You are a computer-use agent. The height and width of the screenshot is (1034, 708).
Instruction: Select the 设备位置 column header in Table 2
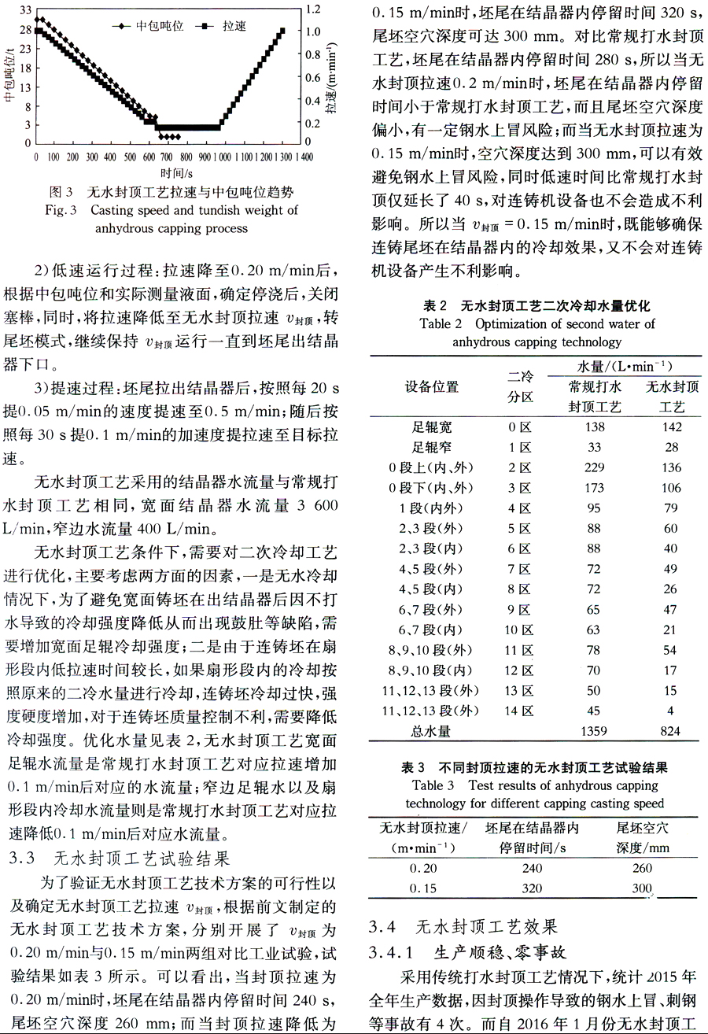coord(432,386)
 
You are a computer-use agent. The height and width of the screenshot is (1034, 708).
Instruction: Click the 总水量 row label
coord(432,731)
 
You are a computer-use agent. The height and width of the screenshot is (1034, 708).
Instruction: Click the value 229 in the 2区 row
coord(594,467)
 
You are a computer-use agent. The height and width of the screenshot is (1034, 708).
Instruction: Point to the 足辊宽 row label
coord(432,427)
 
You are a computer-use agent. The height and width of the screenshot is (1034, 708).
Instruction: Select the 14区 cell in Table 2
coord(520,711)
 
